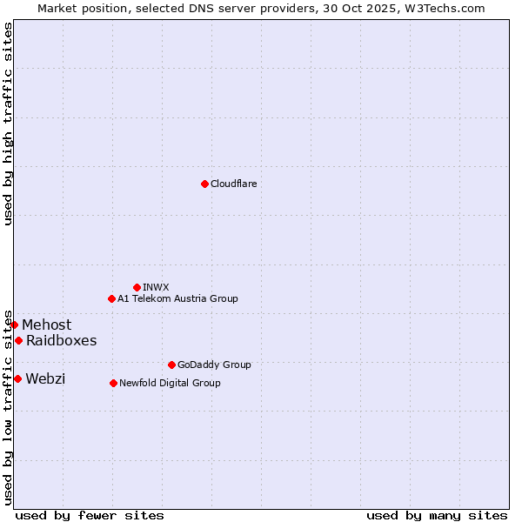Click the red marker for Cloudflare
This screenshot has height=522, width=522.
(x=204, y=184)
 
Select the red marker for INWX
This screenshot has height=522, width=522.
(x=137, y=287)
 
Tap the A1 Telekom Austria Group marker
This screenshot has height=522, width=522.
(x=111, y=298)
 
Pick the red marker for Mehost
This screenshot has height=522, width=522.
(x=14, y=325)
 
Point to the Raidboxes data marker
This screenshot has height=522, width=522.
(x=18, y=340)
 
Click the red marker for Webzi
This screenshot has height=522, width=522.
(x=17, y=378)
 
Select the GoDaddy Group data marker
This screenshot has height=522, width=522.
(x=171, y=365)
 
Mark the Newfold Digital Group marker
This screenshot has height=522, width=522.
(x=113, y=383)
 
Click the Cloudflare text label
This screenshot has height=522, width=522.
(x=233, y=184)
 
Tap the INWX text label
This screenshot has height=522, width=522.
(x=156, y=287)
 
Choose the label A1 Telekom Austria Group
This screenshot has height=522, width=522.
(x=177, y=298)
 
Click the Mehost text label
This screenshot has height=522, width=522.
(x=47, y=325)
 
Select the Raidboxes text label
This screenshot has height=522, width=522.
(x=61, y=340)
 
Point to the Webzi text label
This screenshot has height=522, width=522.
(x=45, y=378)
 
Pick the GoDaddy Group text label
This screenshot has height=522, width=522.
(x=214, y=365)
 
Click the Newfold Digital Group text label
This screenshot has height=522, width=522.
(x=170, y=383)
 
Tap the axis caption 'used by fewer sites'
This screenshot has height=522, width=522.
(x=90, y=515)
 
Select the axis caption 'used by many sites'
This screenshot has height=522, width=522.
(x=437, y=515)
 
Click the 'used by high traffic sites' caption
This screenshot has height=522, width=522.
(x=8, y=124)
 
